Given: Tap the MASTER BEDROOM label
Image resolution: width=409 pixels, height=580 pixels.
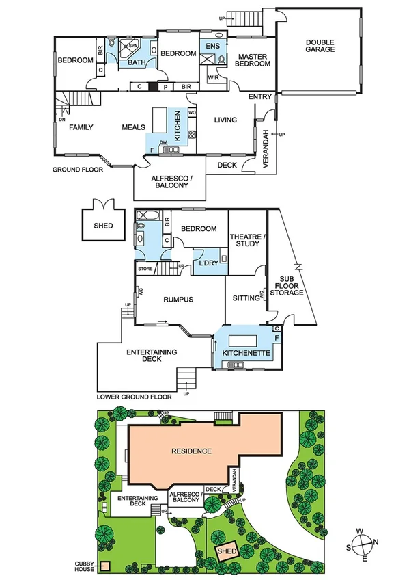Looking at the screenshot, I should (253, 60).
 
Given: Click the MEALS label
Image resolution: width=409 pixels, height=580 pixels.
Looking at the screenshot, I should (134, 127).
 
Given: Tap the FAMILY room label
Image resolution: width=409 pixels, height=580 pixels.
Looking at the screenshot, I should (81, 127).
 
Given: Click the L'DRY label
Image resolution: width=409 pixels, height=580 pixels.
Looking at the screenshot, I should (208, 263).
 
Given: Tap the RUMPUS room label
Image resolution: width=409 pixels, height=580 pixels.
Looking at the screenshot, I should (179, 299).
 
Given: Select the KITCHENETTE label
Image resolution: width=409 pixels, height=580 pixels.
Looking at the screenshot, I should (247, 353).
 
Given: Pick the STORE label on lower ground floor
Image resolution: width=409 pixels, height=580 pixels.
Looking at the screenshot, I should (145, 269).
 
